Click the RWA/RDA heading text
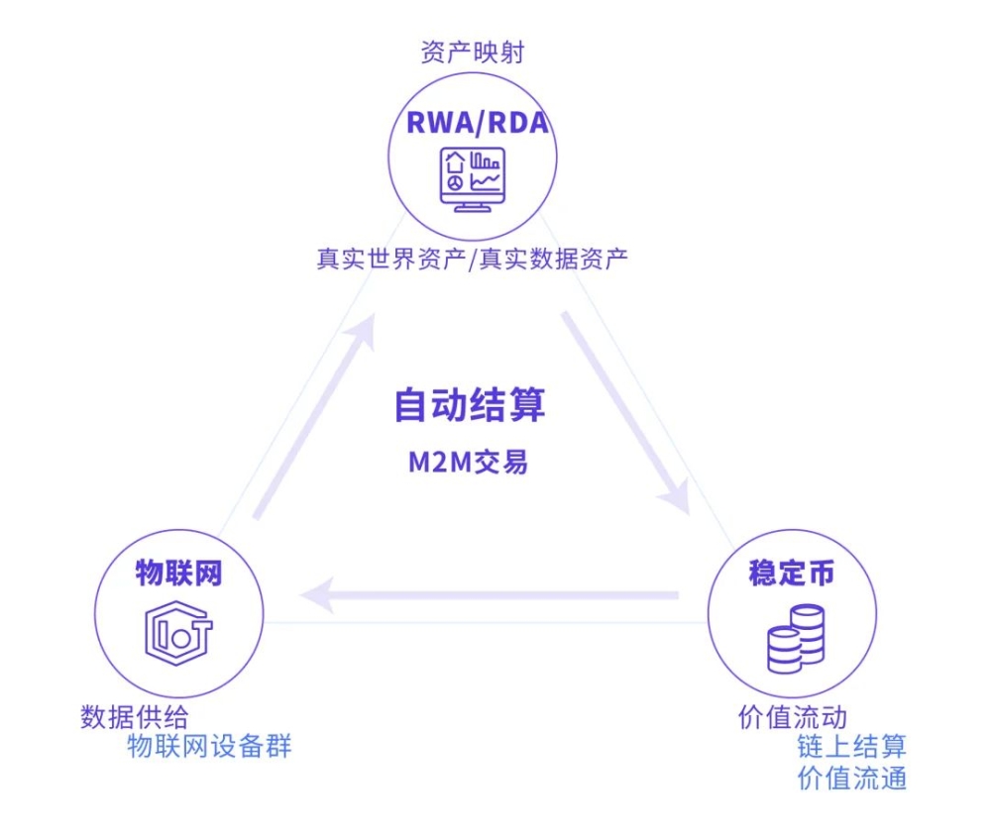pyautogui.click(x=477, y=123)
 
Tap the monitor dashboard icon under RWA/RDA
pyautogui.click(x=472, y=178)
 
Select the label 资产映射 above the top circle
pyautogui.click(x=472, y=52)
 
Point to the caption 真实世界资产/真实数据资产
pyautogui.click(x=472, y=260)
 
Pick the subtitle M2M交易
pyautogui.click(x=469, y=461)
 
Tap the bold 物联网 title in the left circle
pyautogui.click(x=178, y=574)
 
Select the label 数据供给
pyautogui.click(x=134, y=716)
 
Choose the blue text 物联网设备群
pyautogui.click(x=210, y=746)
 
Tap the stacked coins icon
pyautogui.click(x=796, y=639)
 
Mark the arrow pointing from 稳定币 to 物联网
pyautogui.click(x=491, y=595)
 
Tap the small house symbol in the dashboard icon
pyautogui.click(x=455, y=161)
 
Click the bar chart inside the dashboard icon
pyautogui.click(x=485, y=159)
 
